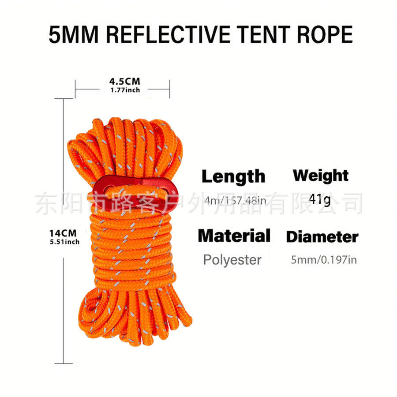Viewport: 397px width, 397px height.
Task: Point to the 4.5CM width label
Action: point(124,81)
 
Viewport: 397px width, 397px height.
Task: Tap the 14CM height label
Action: point(63,233)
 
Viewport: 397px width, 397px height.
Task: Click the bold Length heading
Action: point(233,176)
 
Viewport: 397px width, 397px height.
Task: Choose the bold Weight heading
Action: point(321,175)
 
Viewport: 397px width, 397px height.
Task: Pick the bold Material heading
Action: point(234,236)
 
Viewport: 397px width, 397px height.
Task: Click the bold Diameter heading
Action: point(322,237)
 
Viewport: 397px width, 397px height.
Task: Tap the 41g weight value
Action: point(320,199)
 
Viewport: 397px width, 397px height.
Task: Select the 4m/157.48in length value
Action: point(236,201)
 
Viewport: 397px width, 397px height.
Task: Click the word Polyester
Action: point(232,259)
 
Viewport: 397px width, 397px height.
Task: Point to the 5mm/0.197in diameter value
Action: point(324,259)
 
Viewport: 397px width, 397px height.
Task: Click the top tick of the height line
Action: point(64,99)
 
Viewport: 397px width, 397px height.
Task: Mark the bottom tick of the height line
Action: point(64,363)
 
